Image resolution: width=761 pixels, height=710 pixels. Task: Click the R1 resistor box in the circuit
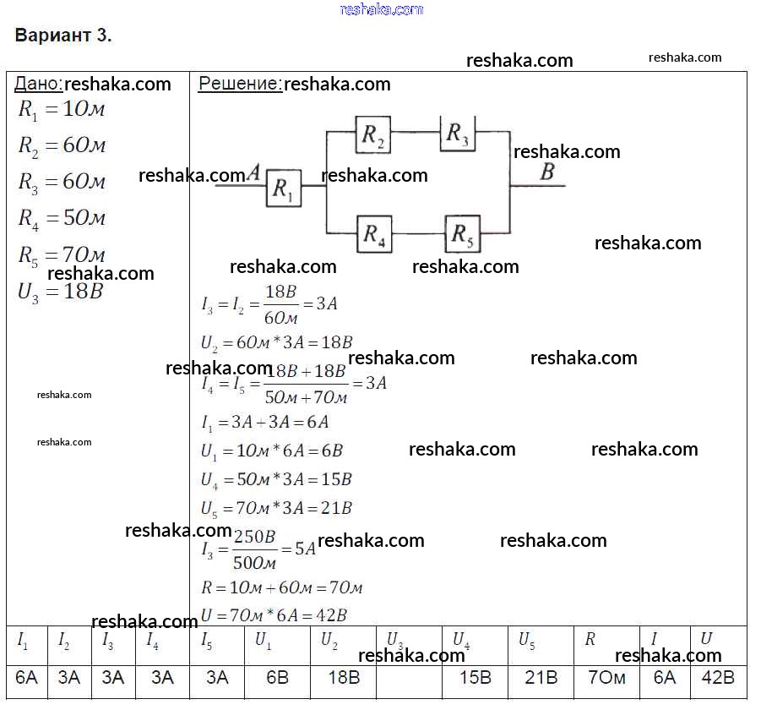point(284,188)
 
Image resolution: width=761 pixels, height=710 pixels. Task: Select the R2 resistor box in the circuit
point(373,135)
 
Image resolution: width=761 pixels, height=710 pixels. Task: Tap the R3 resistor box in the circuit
point(457,134)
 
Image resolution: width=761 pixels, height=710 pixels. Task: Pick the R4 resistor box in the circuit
point(374,234)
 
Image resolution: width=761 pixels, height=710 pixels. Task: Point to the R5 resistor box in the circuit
point(462,234)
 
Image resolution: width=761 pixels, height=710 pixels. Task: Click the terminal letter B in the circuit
point(546,172)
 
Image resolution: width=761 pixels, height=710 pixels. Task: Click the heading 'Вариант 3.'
point(63,36)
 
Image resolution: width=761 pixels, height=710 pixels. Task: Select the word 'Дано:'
point(38,84)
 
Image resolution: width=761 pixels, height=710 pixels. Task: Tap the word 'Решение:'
point(240,84)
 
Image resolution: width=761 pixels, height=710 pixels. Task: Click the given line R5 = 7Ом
point(62,254)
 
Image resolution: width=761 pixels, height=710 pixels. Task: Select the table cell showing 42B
point(718,678)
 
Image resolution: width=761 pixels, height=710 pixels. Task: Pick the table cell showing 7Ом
point(606,678)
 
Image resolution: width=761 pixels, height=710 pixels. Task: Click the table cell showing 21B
point(541,678)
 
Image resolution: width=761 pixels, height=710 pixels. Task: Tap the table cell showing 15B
point(475,678)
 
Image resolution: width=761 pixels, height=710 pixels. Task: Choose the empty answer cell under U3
point(409,678)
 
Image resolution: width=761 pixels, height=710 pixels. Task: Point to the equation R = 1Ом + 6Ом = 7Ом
point(282,587)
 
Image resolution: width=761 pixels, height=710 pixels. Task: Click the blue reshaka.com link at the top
point(381,9)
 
